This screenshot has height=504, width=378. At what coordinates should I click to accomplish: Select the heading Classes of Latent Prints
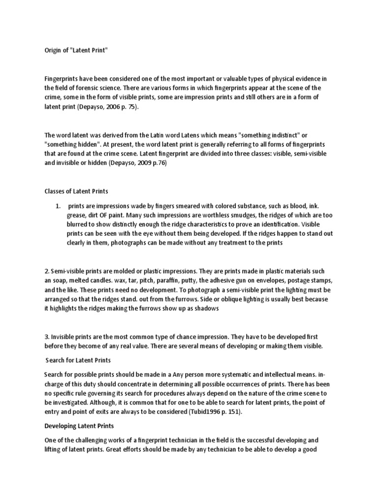[76, 191]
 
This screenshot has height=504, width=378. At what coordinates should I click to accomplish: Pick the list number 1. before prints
[58, 205]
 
